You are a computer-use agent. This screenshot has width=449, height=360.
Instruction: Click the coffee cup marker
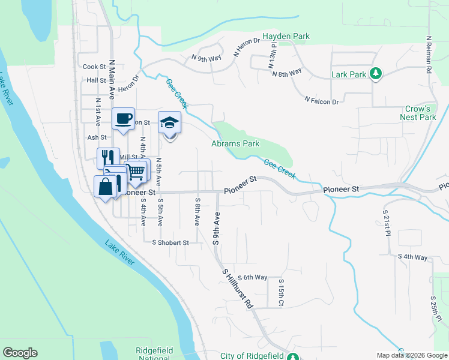pyautogui.click(x=123, y=119)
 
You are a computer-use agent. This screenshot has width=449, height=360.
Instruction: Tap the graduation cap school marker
pyautogui.click(x=169, y=123)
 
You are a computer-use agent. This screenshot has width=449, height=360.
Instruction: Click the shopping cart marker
pyautogui.click(x=136, y=172)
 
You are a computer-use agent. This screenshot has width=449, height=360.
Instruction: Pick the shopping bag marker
pyautogui.click(x=106, y=186)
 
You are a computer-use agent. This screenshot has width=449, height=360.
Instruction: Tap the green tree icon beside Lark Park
pyautogui.click(x=376, y=74)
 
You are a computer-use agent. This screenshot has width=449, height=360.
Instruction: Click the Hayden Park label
pyautogui.click(x=285, y=36)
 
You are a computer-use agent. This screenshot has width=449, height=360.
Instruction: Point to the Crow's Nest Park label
pyautogui.click(x=420, y=113)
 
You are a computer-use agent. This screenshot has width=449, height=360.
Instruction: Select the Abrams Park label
pyautogui.click(x=235, y=144)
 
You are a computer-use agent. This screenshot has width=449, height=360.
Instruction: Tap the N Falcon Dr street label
pyautogui.click(x=321, y=101)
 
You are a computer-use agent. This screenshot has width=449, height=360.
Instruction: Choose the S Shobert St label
pyautogui.click(x=170, y=243)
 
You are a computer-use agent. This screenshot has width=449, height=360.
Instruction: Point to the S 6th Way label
pyautogui.click(x=252, y=277)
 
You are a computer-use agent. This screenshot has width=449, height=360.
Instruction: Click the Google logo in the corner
pyautogui.click(x=20, y=353)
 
